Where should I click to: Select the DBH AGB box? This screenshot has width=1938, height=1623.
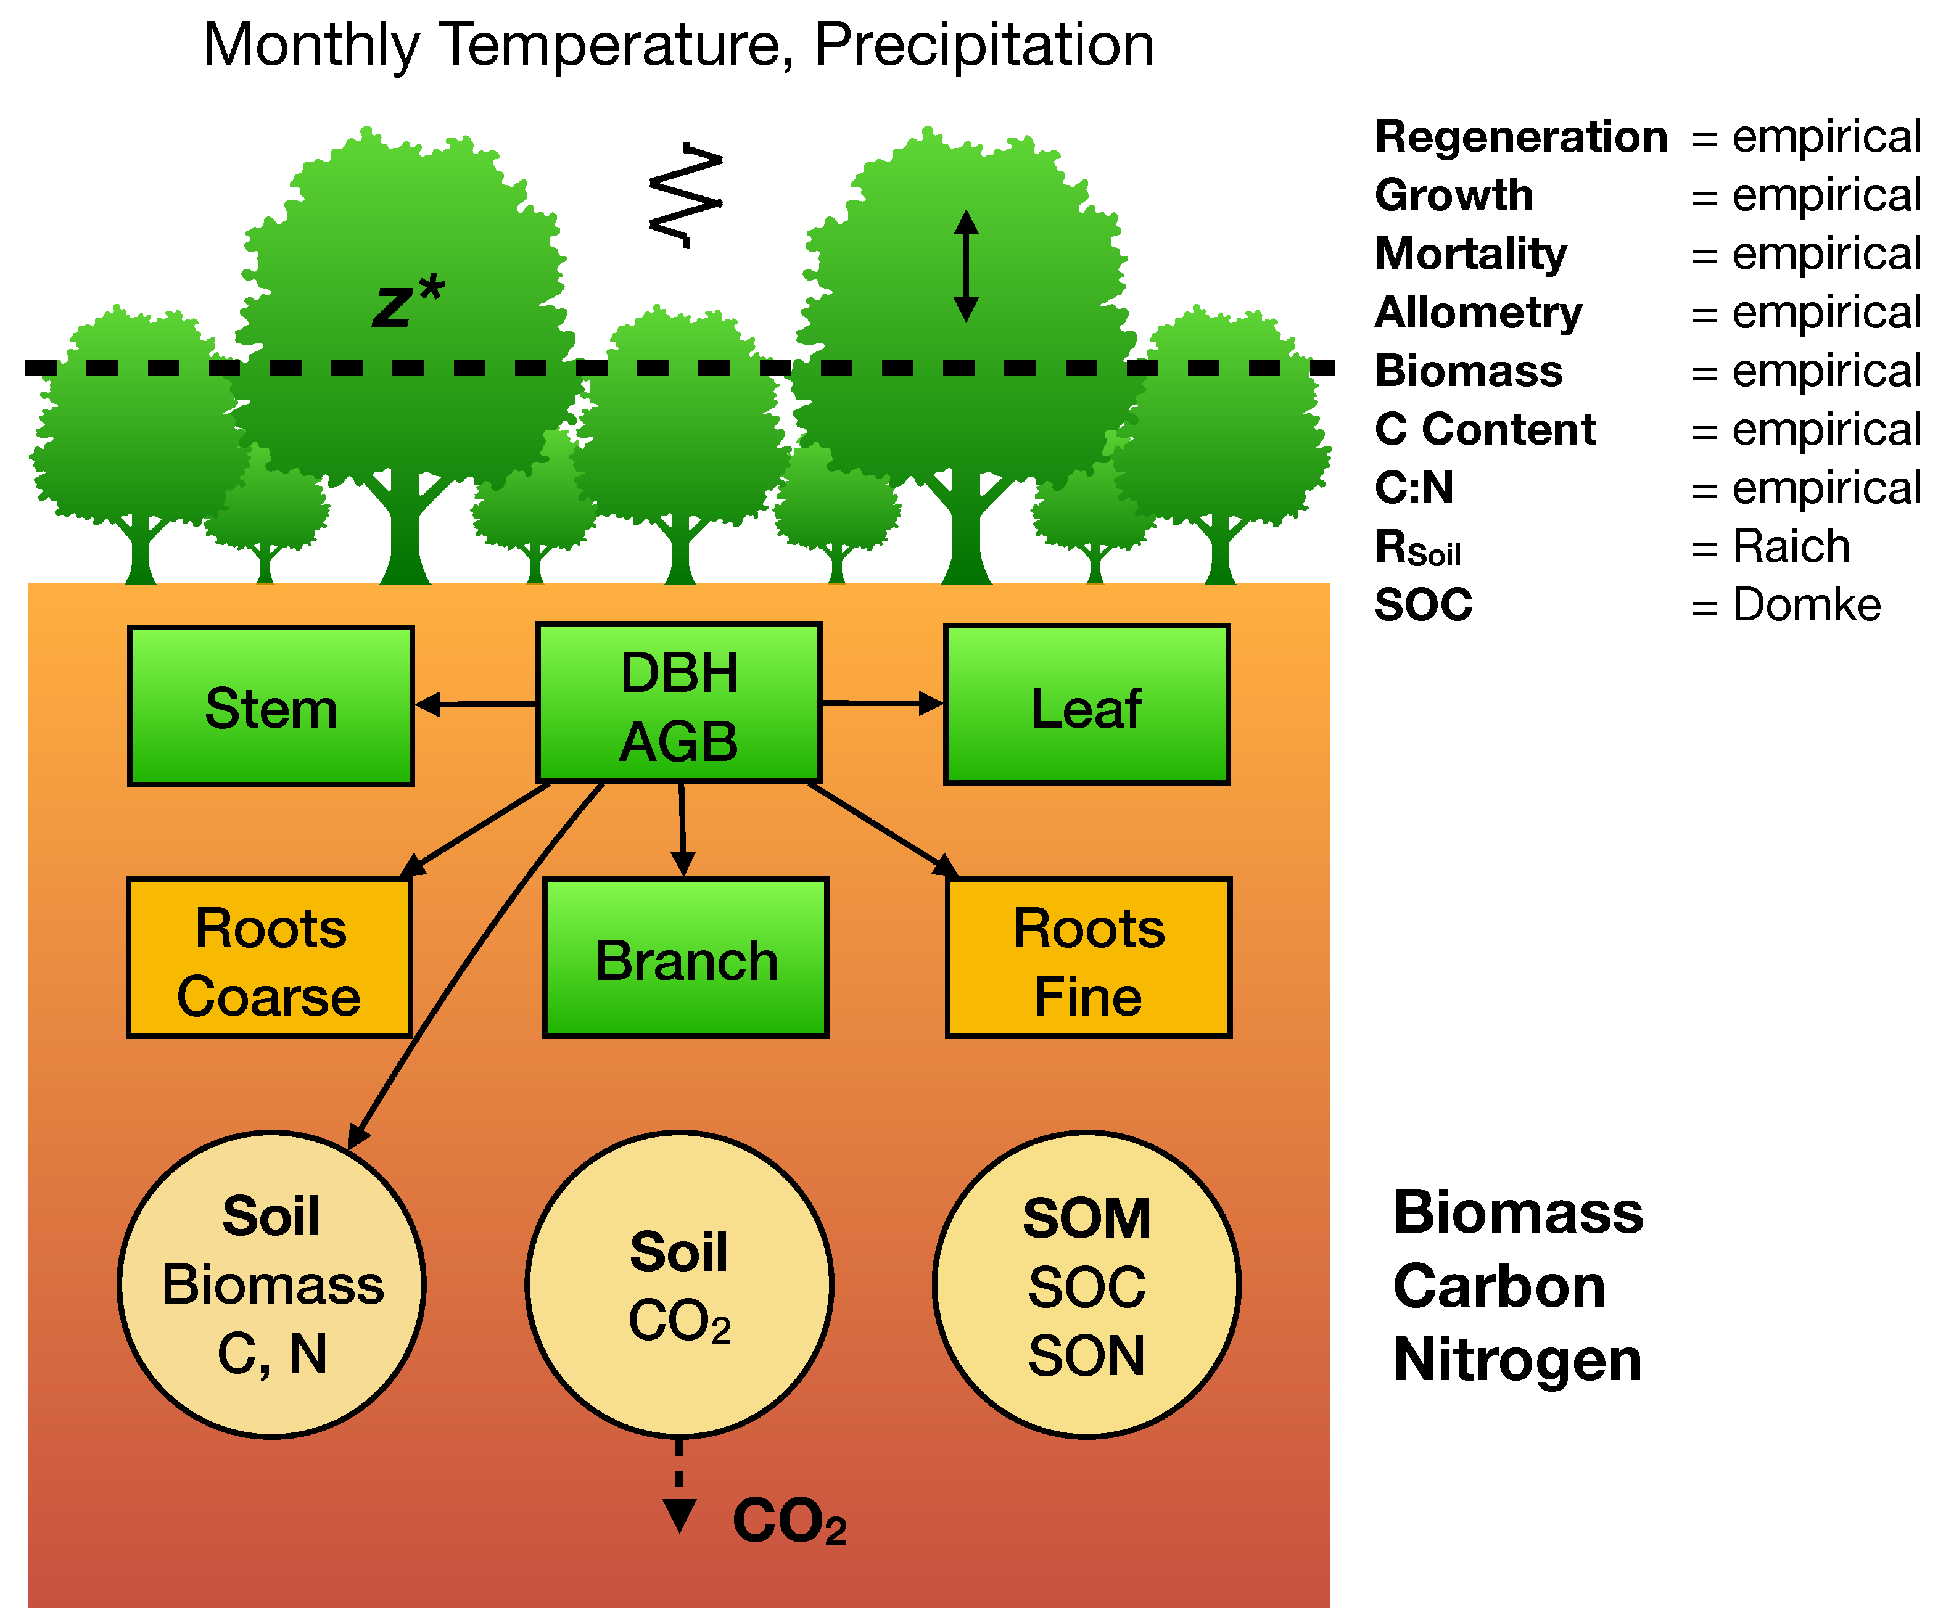pos(679,703)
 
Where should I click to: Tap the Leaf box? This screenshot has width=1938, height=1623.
pos(1086,705)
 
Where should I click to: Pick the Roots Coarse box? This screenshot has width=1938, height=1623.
pos(268,958)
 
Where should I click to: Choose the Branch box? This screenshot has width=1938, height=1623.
pos(686,958)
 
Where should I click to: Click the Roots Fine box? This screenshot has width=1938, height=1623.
pos(1088,958)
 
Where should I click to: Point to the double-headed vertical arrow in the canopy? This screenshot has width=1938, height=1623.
pos(965,266)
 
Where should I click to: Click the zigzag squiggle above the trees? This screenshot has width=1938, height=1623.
pos(686,195)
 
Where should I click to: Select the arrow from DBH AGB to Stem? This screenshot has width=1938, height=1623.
pos(476,704)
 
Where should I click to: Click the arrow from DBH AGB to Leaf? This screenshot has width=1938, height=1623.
pos(882,703)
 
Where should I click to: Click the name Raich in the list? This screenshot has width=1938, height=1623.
pos(1791,546)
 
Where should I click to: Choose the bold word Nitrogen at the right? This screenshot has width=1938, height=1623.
pos(1517,1360)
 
